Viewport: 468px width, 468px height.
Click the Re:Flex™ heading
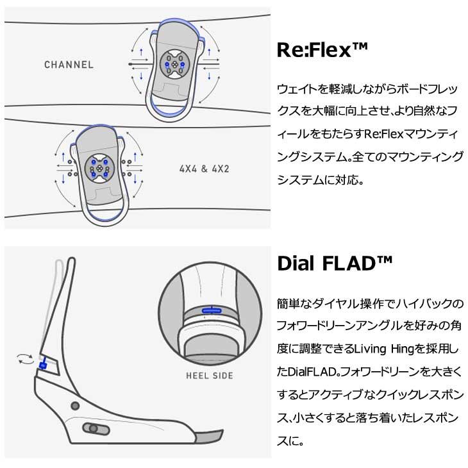[x=322, y=49]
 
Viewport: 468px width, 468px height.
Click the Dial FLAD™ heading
[x=335, y=263]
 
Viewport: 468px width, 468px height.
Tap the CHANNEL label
[x=69, y=65]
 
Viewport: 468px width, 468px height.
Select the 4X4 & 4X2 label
[x=204, y=169]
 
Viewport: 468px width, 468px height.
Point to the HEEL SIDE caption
[x=210, y=376]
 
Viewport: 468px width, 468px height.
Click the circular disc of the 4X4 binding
[x=99, y=169]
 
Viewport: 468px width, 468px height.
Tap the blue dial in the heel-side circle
[x=212, y=311]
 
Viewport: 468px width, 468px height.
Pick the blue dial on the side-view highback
[x=43, y=365]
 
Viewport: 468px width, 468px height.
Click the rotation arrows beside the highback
[x=26, y=359]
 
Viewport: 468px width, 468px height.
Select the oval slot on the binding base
[x=96, y=429]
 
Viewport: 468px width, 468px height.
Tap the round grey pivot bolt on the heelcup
[x=75, y=406]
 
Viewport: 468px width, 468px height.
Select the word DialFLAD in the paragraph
[x=313, y=372]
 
